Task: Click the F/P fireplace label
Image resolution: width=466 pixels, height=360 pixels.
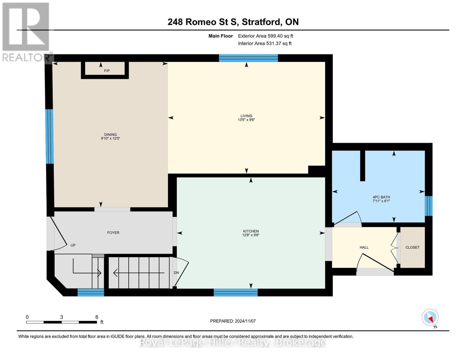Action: pos(107,71)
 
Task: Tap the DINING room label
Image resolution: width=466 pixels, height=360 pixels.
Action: pos(110,135)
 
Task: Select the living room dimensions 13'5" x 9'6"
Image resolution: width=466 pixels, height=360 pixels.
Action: pos(246,120)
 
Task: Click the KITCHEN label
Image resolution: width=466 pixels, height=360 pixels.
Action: pos(251,231)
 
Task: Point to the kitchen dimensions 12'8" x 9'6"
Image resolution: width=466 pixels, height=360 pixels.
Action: pos(251,235)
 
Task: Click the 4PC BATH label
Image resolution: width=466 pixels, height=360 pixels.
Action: pos(381,197)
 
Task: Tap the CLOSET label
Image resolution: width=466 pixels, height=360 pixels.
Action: pos(412,247)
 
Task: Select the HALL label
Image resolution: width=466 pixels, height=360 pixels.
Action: pos(364,247)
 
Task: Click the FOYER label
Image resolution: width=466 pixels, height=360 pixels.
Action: pos(113,232)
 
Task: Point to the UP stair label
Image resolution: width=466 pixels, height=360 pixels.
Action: pos(73,245)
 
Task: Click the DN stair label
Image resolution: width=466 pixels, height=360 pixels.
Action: pos(176,273)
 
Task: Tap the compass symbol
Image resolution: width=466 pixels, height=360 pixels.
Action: pos(430,317)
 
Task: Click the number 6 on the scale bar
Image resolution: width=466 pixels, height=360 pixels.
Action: pos(97,317)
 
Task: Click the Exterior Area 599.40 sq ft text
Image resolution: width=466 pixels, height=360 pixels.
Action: pos(265,36)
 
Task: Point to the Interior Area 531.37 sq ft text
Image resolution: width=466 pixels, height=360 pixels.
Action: pos(265,43)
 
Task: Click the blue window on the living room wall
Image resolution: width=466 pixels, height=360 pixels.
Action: pos(248,58)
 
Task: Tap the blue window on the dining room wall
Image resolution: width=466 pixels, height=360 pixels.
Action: pos(50,136)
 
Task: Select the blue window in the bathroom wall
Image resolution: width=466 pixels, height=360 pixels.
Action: pos(429,206)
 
